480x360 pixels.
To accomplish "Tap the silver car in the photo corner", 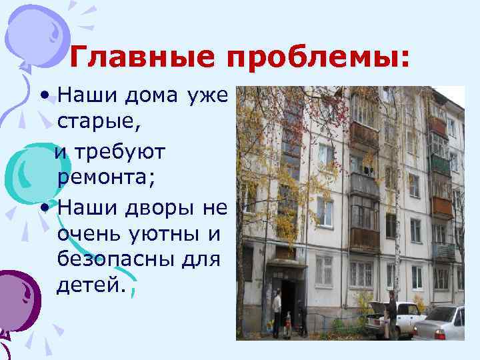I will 444,324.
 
